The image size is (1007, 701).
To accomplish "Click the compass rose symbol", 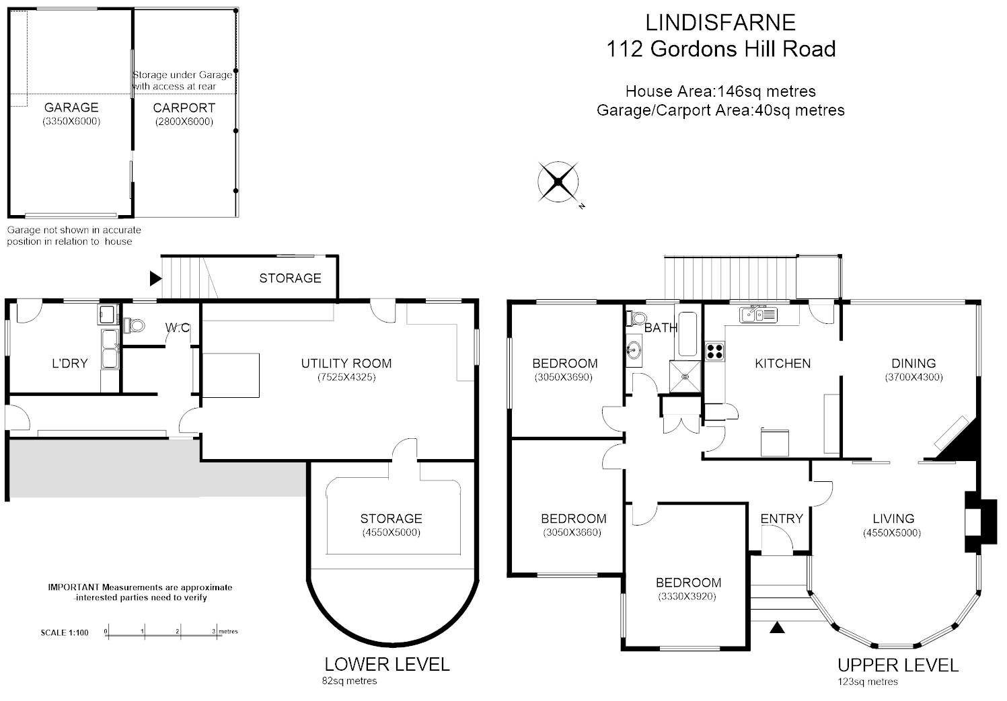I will click(x=558, y=181).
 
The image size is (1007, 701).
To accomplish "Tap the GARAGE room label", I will click(x=71, y=108).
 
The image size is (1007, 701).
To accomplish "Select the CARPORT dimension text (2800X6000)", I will click(x=184, y=122).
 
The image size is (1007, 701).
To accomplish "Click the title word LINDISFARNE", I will click(x=720, y=23).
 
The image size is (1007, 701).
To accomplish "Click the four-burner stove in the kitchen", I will click(x=714, y=350).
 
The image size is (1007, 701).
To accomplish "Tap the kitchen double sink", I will click(x=758, y=314).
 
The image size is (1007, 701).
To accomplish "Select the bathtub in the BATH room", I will click(x=687, y=334).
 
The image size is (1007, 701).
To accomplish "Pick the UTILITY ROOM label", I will click(x=346, y=364).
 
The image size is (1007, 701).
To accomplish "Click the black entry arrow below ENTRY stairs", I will click(x=778, y=628).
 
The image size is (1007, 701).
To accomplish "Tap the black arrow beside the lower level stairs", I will click(x=155, y=278).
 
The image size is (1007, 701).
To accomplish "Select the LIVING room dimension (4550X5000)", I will click(x=892, y=533).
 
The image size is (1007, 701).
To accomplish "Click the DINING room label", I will click(x=913, y=364).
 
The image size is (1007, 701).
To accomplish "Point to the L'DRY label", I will click(x=70, y=364).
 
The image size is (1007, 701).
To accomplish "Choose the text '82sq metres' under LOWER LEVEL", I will click(x=350, y=681).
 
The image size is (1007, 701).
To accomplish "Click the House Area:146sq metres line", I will click(x=720, y=91).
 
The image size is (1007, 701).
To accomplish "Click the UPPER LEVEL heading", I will click(x=897, y=665).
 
